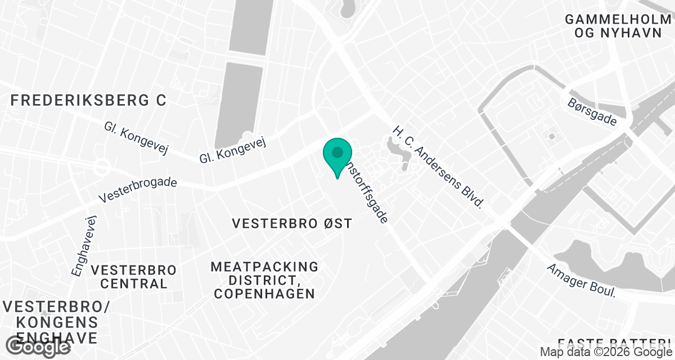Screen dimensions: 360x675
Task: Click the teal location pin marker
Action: point(337,155)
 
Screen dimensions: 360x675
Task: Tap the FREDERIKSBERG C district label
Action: point(89,101)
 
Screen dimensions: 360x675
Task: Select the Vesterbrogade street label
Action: point(138,190)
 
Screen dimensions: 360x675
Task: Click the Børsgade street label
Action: point(592,111)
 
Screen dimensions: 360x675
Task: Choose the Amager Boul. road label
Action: point(582,281)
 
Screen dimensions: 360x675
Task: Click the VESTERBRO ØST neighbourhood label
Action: point(292,224)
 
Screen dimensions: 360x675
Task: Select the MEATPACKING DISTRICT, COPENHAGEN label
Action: point(264,280)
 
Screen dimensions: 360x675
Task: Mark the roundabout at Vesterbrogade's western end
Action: point(101,166)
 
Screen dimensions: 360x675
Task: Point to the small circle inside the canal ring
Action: point(552,136)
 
